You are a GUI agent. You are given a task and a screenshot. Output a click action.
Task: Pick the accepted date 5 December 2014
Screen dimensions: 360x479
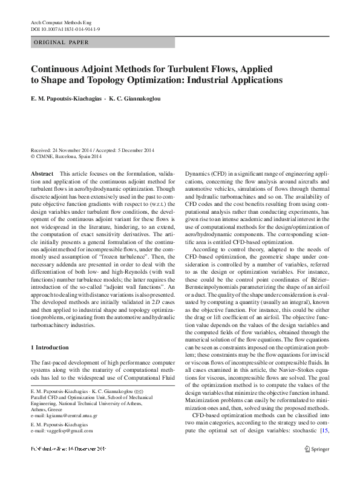pyautogui.click(x=136, y=150)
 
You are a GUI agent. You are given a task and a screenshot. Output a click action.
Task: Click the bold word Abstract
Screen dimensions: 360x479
pyautogui.click(x=43, y=173)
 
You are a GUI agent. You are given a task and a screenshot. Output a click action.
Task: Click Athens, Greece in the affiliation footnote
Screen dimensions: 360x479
pyautogui.click(x=47, y=393)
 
